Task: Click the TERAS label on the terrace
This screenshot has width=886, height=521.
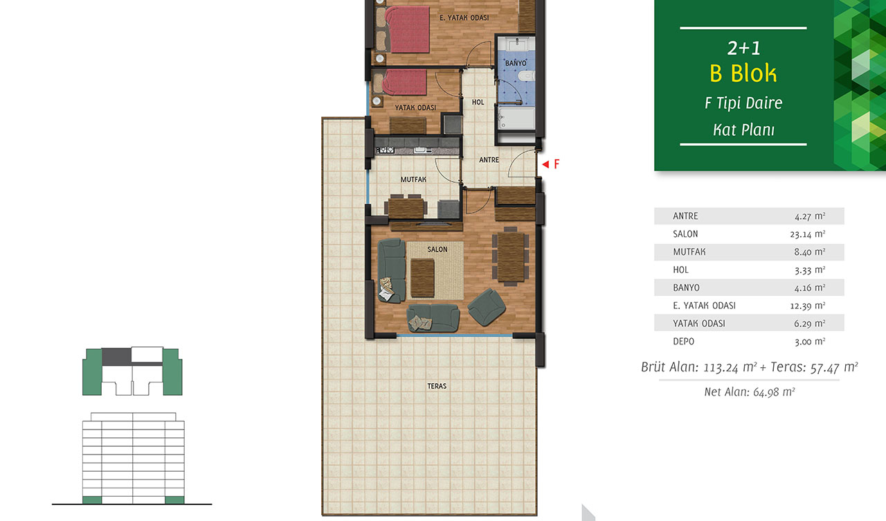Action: pyautogui.click(x=437, y=386)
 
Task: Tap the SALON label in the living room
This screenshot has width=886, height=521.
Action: pyautogui.click(x=437, y=249)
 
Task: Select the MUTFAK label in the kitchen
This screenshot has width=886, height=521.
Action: pyautogui.click(x=413, y=179)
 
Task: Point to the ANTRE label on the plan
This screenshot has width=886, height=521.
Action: pyautogui.click(x=489, y=160)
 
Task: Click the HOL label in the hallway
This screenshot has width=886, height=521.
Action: pyautogui.click(x=478, y=102)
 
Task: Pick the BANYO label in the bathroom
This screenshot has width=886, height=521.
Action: pyautogui.click(x=516, y=63)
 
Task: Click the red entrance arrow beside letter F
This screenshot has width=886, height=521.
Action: pyautogui.click(x=545, y=164)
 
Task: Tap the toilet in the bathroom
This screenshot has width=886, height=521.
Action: pyautogui.click(x=527, y=76)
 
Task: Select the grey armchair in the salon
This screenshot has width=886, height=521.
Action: pyautogui.click(x=487, y=307)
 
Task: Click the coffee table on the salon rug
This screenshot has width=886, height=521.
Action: pyautogui.click(x=422, y=278)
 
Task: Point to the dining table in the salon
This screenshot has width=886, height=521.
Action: pyautogui.click(x=511, y=256)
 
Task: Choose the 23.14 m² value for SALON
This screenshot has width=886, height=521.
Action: pyautogui.click(x=808, y=234)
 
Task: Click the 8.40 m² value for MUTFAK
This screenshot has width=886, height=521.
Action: pyautogui.click(x=810, y=251)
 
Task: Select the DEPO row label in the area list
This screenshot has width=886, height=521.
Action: pyautogui.click(x=683, y=342)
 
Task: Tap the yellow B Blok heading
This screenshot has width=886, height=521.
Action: pyautogui.click(x=743, y=73)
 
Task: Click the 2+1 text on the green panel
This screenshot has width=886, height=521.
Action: pyautogui.click(x=743, y=48)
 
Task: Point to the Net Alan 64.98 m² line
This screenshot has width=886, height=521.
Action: pyautogui.click(x=750, y=392)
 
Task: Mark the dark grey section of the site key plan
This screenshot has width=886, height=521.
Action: pyautogui.click(x=117, y=357)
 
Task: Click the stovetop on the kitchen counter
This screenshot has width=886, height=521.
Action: pyautogui.click(x=386, y=150)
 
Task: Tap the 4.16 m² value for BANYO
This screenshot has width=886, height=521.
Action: pyautogui.click(x=810, y=288)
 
